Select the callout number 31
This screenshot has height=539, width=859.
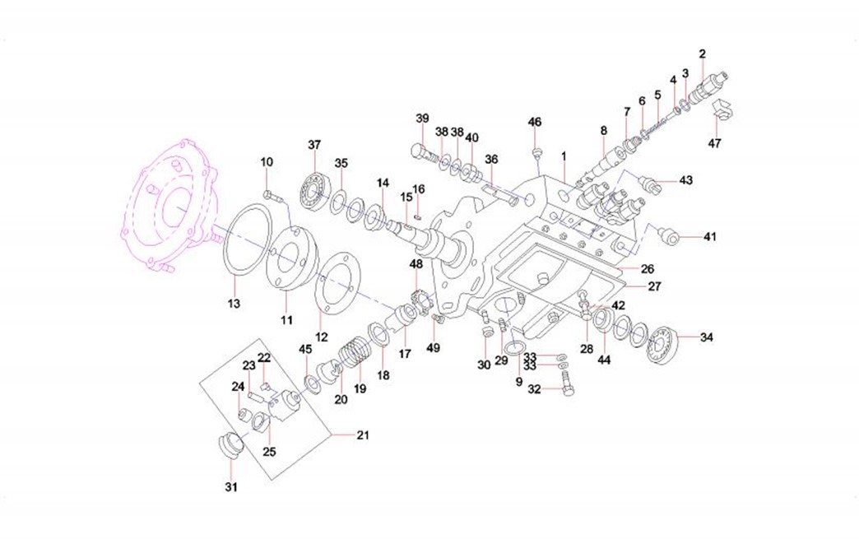(x=231, y=487)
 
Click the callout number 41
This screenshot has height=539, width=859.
(x=709, y=237)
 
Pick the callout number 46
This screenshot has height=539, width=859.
(x=535, y=122)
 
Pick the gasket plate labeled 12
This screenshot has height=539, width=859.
(x=337, y=284)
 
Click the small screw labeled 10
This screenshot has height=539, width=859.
(x=272, y=196)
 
